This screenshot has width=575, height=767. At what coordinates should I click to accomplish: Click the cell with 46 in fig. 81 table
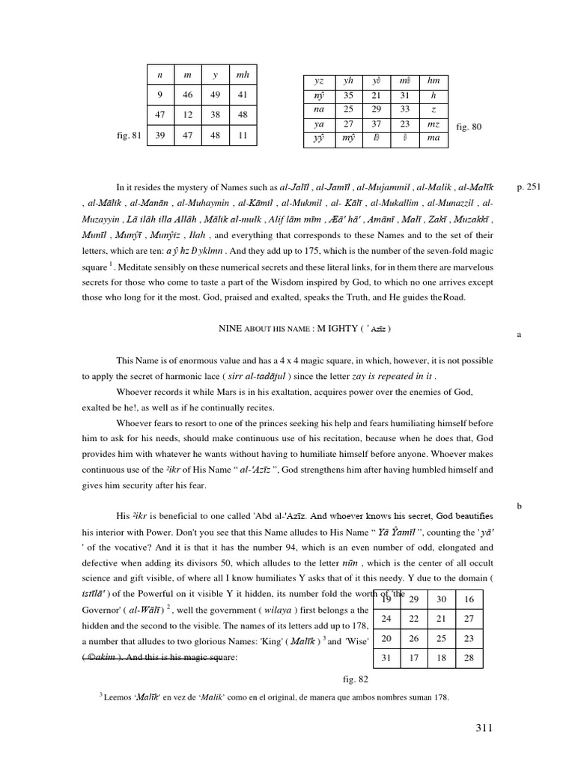pyautogui.click(x=187, y=95)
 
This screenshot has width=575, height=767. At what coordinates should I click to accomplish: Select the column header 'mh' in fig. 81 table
pyautogui.click(x=243, y=75)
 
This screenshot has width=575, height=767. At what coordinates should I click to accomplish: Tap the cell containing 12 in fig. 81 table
pyautogui.click(x=187, y=115)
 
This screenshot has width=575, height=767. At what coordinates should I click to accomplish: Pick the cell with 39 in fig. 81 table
pyautogui.click(x=159, y=136)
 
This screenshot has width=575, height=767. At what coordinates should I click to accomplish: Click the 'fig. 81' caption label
pyautogui.click(x=130, y=136)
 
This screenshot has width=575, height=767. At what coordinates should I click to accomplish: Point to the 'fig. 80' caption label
pyautogui.click(x=469, y=127)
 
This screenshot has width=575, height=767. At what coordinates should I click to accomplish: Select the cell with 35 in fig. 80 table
pyautogui.click(x=348, y=96)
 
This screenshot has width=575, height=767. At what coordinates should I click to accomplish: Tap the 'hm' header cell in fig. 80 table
pyautogui.click(x=433, y=82)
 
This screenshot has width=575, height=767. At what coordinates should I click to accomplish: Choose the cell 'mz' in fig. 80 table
pyautogui.click(x=433, y=124)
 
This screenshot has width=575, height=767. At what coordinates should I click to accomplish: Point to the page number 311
pyautogui.click(x=484, y=728)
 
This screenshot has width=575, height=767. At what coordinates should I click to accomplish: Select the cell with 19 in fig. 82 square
pyautogui.click(x=386, y=600)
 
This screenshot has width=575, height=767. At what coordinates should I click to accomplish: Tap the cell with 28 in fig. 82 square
pyautogui.click(x=469, y=658)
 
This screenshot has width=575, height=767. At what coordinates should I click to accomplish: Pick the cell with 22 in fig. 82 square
pyautogui.click(x=414, y=619)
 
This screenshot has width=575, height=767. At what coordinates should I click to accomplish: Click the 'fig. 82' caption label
pyautogui.click(x=354, y=679)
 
